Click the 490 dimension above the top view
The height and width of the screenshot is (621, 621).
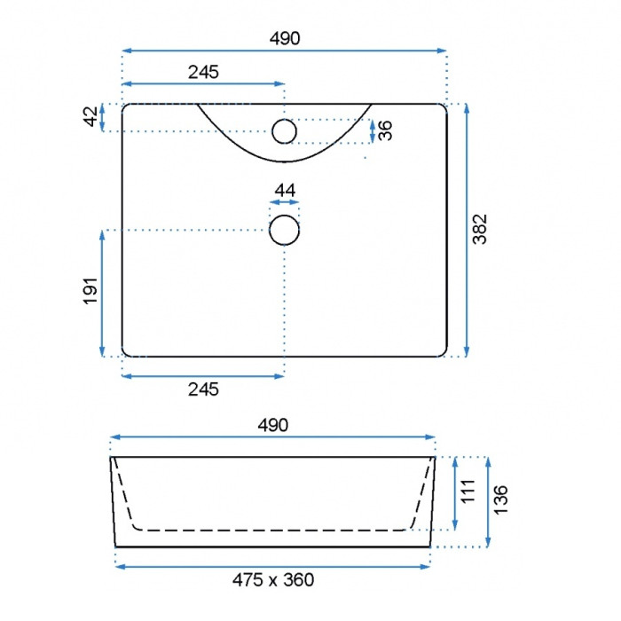pos(285,38)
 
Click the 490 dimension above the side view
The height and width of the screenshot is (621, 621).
pos(273,425)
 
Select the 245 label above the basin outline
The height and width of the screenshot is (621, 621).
pos(203,72)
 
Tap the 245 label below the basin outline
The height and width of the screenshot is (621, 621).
pos(203,389)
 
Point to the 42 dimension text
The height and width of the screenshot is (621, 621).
pos(91,116)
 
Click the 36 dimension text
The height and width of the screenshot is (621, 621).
pos(385,130)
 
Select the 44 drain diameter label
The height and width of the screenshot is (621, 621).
pos(285,191)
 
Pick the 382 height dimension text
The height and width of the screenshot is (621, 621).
pos(480,229)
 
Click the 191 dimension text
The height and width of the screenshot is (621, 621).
pos(90,291)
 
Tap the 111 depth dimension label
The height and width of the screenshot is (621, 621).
pos(468,491)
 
